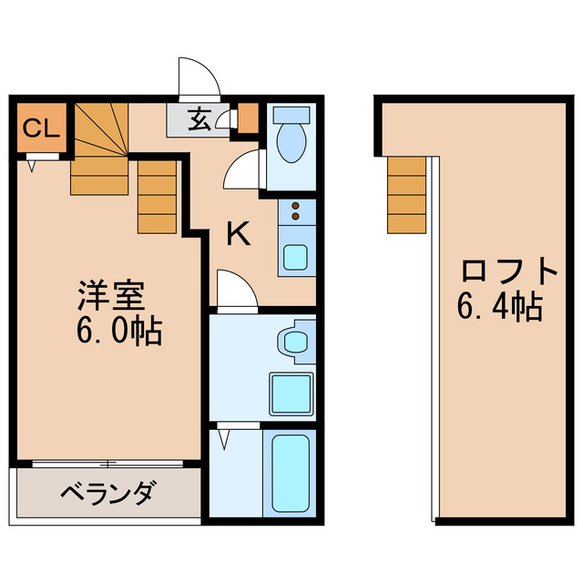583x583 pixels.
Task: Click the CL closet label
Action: (x=40, y=128)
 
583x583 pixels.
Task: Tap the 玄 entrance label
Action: (x=200, y=118)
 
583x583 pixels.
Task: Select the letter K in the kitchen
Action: (x=238, y=235)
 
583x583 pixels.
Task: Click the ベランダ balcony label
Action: (x=108, y=495)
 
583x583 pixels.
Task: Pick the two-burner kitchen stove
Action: (x=296, y=212)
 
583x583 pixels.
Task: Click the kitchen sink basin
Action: (x=295, y=257)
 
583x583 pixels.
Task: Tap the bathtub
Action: (x=291, y=474)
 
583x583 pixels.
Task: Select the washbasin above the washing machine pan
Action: (x=295, y=342)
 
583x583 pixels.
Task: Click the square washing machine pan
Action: (x=291, y=393)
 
